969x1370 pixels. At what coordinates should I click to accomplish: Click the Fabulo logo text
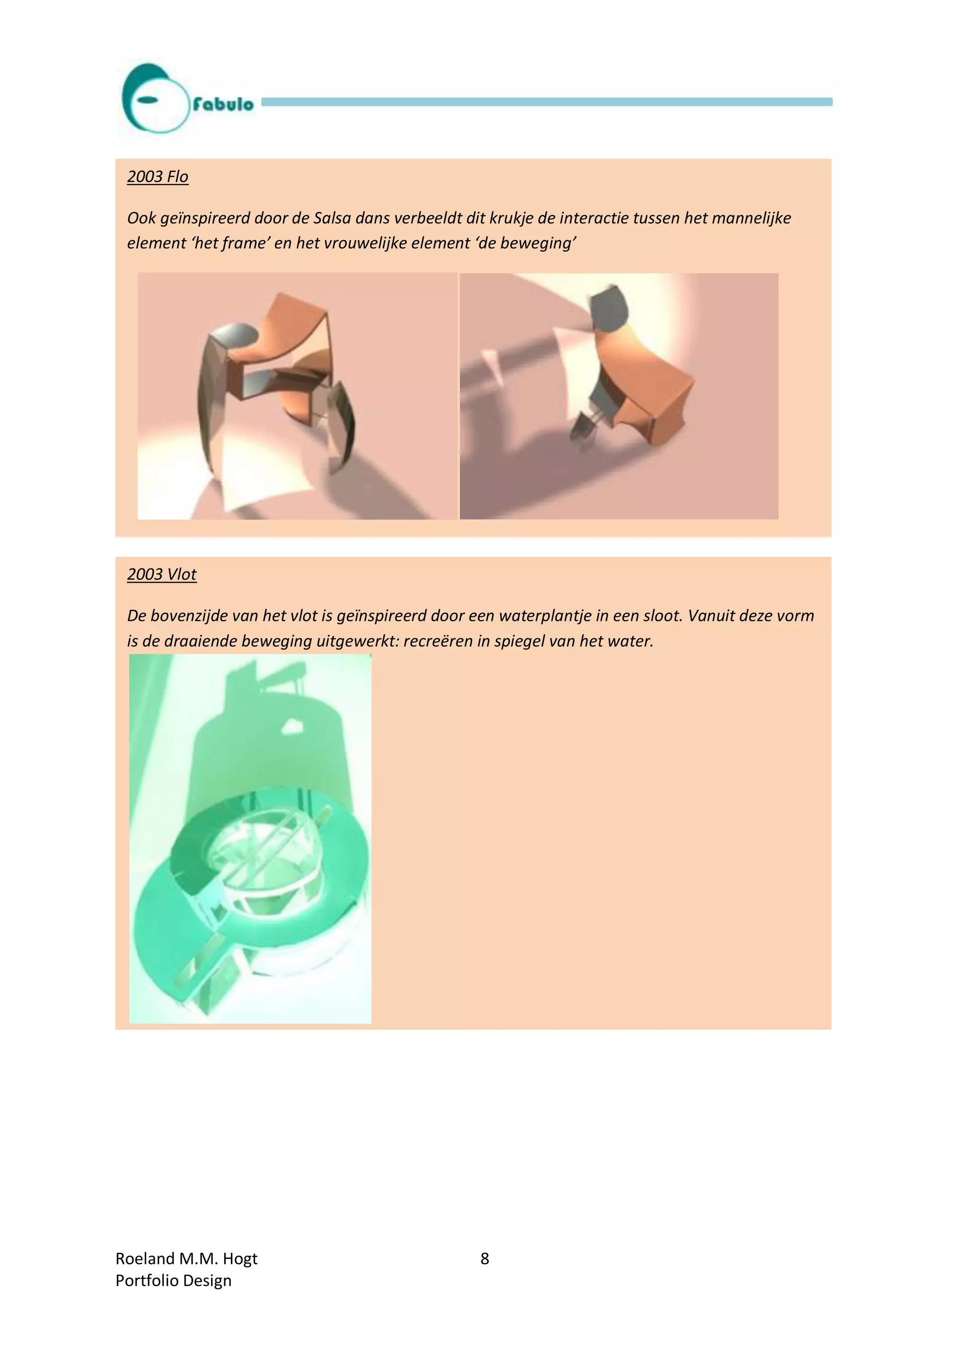pyautogui.click(x=222, y=105)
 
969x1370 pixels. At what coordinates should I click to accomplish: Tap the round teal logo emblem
pyautogui.click(x=153, y=98)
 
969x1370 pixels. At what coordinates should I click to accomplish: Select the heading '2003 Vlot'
pyautogui.click(x=162, y=574)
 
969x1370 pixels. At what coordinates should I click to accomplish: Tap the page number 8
pyautogui.click(x=485, y=1258)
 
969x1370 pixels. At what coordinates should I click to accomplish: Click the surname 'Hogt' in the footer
pyautogui.click(x=240, y=1258)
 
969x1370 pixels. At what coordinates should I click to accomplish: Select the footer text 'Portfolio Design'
pyautogui.click(x=173, y=1281)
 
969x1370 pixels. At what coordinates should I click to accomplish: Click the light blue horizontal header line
pyautogui.click(x=546, y=102)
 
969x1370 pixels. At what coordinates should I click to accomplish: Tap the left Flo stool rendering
pyautogui.click(x=297, y=396)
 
